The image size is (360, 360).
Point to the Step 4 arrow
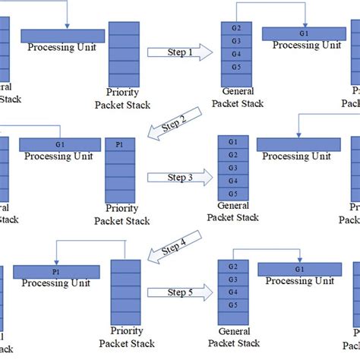[x=175, y=250]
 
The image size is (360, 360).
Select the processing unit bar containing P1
[x=57, y=271]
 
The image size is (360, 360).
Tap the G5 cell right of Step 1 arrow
[x=235, y=67]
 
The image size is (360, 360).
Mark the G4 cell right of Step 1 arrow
[x=235, y=54]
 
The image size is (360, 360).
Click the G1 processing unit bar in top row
[x=304, y=33]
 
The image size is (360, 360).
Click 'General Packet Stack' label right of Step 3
[x=238, y=211]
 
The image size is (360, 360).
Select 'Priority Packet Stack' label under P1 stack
[x=122, y=215]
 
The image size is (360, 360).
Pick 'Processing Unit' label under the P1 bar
[x=57, y=285]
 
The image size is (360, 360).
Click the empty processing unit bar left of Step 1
[x=62, y=36]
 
